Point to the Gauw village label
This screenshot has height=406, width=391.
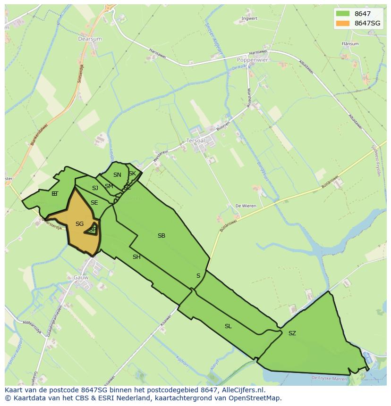(81, 277)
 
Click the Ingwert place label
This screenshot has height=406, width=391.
(249, 19)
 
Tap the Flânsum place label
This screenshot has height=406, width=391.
(350, 44)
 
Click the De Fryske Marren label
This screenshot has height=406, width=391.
(329, 378)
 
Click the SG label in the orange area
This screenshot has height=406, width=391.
(79, 224)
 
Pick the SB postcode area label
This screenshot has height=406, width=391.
(161, 236)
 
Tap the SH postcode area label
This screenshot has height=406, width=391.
(136, 257)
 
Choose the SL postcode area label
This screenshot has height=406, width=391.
(228, 326)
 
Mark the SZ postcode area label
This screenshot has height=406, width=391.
(292, 333)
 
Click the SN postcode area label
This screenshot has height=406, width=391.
(117, 175)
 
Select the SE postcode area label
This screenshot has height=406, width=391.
(94, 203)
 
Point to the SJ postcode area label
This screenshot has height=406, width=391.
(95, 188)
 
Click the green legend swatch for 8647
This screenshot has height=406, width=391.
(343, 14)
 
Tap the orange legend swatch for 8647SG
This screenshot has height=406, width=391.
(343, 23)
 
